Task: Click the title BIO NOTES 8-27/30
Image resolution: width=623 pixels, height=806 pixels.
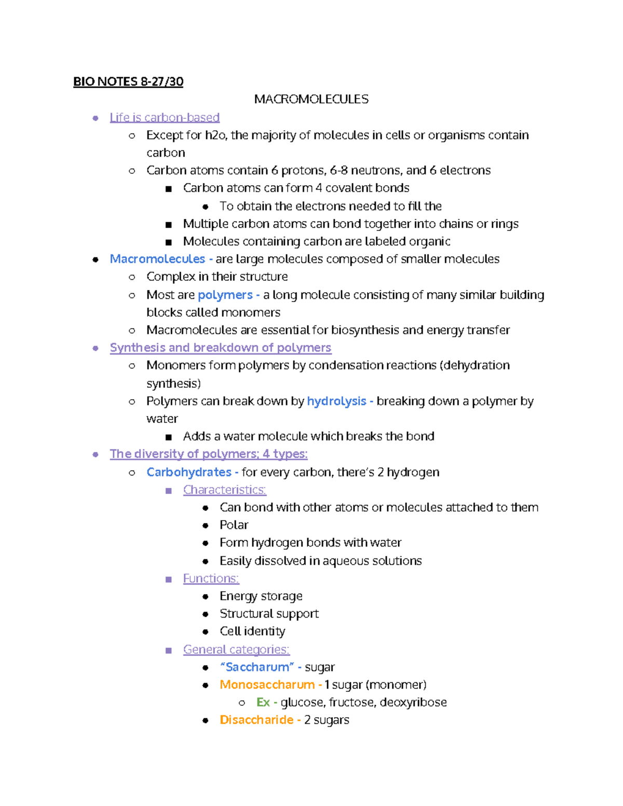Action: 128,81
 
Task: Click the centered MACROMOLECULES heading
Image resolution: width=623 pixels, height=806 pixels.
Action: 311,99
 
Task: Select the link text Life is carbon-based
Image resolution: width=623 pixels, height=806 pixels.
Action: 165,117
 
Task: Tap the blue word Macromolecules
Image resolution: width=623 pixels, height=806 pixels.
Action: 157,259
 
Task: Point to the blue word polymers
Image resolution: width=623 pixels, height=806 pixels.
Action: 225,295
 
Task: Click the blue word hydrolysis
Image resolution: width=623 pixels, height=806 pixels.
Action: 336,401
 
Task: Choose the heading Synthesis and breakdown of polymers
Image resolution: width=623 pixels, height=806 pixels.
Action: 220,348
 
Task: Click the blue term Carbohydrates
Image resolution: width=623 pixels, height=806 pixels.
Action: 189,472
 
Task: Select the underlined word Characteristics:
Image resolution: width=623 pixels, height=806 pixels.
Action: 224,490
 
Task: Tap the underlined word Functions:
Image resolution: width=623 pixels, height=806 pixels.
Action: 211,579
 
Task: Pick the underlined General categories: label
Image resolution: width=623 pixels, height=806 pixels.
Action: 236,650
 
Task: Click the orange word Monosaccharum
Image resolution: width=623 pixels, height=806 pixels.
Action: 267,685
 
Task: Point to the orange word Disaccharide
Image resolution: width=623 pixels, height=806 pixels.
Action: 256,720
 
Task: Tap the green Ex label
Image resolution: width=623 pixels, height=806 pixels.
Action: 263,703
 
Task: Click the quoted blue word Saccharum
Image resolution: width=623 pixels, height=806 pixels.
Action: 257,667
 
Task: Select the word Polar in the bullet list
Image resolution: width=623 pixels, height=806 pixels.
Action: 234,525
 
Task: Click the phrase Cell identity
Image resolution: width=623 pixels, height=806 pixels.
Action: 252,632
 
